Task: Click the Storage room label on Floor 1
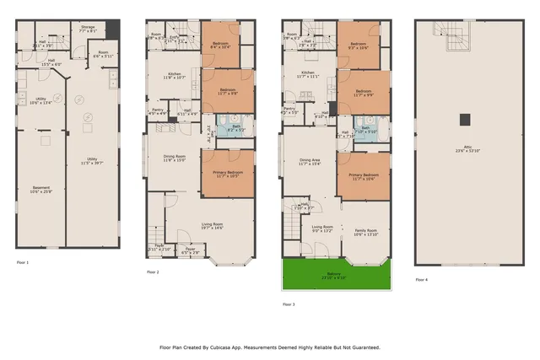tap(88, 28)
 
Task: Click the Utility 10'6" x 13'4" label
tap(40, 100)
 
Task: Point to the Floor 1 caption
tap(23, 263)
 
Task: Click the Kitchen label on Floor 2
tap(175, 75)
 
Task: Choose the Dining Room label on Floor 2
tap(175, 158)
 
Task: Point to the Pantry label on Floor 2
tap(158, 110)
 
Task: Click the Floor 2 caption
tap(153, 272)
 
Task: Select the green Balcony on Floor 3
tap(336, 275)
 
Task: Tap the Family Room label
tap(365, 232)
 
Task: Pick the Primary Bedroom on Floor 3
tap(364, 175)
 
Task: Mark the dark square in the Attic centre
tap(464, 119)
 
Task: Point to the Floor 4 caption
tap(421, 279)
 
